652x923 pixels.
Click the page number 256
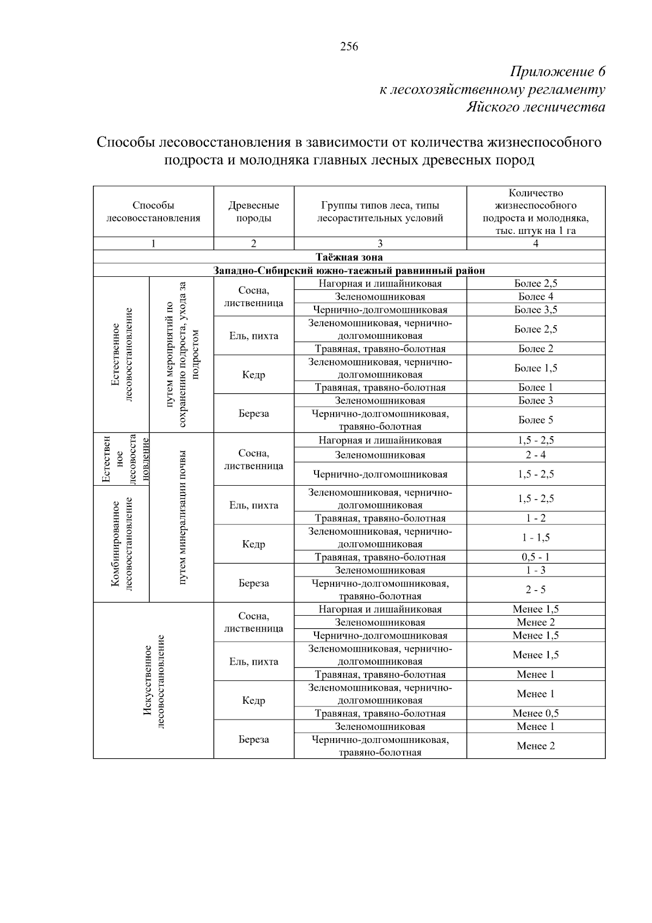pos(349,47)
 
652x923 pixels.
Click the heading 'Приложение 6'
pos(557,72)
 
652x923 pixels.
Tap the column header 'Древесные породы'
pos(253,212)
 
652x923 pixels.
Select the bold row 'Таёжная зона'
pos(349,257)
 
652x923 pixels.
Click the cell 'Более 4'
pos(535,296)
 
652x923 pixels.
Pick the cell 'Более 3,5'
pos(535,309)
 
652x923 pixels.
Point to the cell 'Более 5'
pos(535,420)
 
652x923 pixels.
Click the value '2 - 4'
pos(535,455)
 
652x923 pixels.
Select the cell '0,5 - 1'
pos(535,557)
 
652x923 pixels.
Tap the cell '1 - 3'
pos(535,570)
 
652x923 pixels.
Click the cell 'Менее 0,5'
pos(535,713)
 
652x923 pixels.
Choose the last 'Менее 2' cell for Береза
pos(535,746)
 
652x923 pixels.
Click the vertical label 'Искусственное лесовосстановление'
pos(153,680)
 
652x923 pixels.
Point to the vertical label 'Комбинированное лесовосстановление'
pos(122,543)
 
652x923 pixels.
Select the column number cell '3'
pos(380,244)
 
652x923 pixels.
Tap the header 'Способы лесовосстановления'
pos(153,212)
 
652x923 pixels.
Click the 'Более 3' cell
pos(535,400)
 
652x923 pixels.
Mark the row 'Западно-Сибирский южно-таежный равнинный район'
pos(349,270)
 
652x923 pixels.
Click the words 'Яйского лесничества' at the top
pos(536,107)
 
